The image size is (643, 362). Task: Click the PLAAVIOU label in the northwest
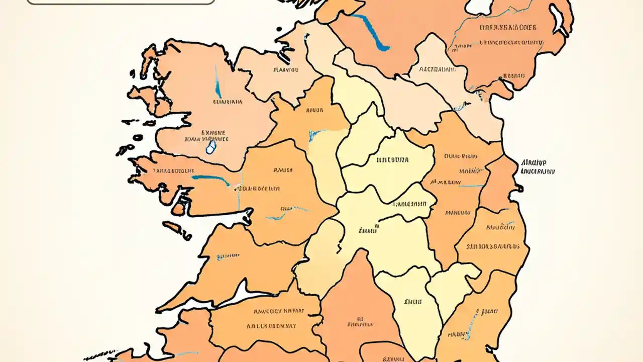click(286, 70)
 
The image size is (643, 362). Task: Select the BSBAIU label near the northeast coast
click(514, 76)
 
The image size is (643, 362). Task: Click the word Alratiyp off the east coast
click(533, 162)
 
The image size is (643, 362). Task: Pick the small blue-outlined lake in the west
click(211, 147)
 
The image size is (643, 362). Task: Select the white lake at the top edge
click(480, 6)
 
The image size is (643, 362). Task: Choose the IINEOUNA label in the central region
click(392, 160)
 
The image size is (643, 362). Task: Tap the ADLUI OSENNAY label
click(271, 326)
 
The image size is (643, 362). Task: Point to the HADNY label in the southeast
click(459, 334)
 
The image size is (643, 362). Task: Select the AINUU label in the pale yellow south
click(413, 302)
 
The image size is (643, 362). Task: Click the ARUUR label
click(314, 109)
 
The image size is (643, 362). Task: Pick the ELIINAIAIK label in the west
click(228, 102)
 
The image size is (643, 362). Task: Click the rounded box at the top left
click(121, 2)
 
